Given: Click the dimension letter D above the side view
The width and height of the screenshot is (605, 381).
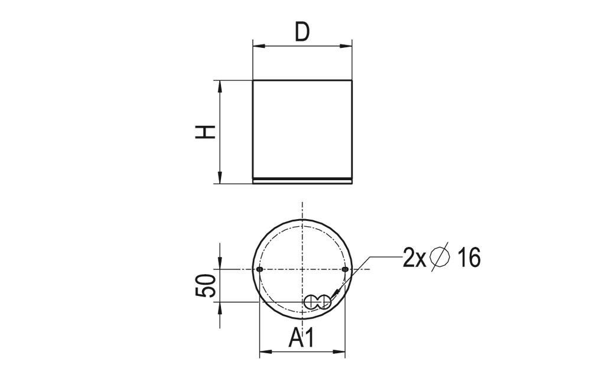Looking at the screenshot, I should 302,32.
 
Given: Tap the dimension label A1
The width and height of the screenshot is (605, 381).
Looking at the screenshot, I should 301,338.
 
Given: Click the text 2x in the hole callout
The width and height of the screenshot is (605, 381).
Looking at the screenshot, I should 414,258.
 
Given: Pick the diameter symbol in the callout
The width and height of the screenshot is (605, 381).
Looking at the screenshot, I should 441,258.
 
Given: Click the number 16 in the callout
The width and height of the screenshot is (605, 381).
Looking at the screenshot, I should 469,258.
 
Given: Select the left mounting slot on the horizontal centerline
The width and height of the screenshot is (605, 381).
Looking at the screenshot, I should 259,269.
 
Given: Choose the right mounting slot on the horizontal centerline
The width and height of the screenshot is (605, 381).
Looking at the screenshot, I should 345,269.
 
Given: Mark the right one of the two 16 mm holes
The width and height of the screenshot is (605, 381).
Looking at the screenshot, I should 323,302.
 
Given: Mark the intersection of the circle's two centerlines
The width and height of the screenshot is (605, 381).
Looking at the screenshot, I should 302,269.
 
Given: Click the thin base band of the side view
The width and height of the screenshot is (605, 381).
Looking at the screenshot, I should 302,180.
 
